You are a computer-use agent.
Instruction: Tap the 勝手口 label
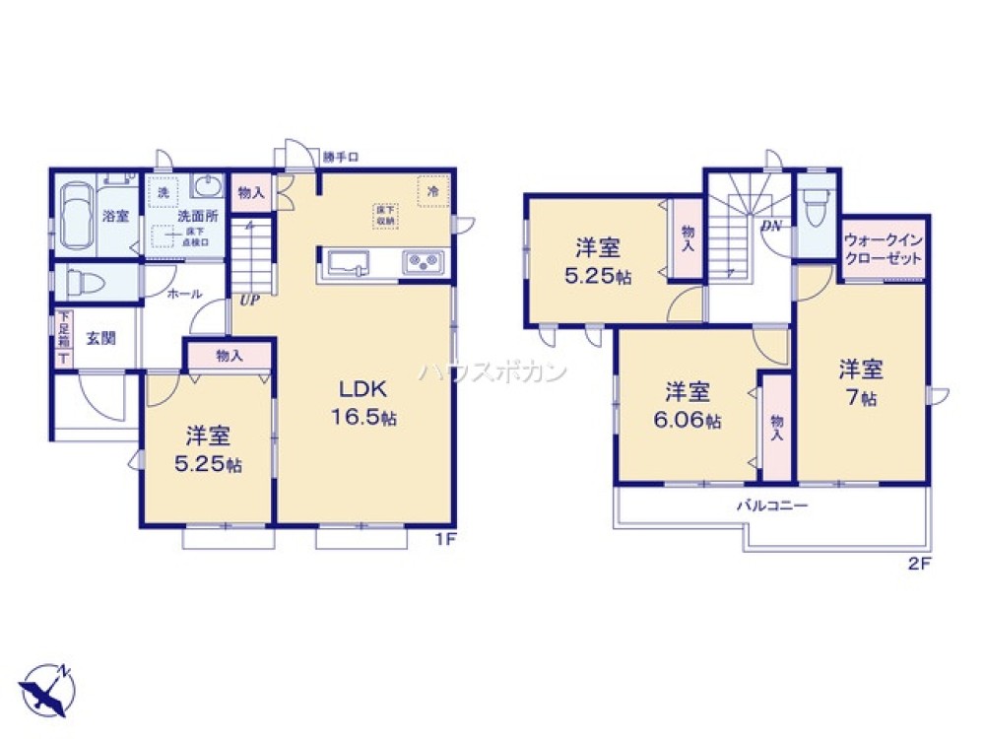tap(341, 156)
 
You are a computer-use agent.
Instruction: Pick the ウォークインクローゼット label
tap(884, 248)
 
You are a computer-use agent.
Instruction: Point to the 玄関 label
tap(100, 338)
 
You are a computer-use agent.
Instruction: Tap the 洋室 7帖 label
tap(861, 383)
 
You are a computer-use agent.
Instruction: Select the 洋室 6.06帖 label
tap(688, 405)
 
